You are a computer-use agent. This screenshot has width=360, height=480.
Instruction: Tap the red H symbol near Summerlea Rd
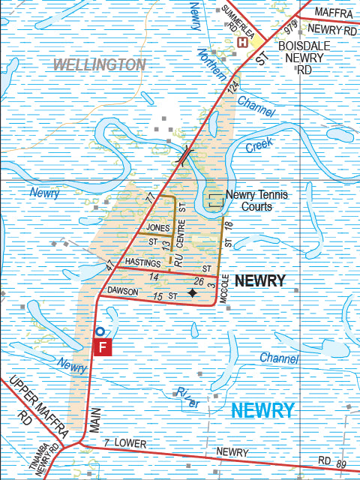pyautogui.click(x=242, y=43)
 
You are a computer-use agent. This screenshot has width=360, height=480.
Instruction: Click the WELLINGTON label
pyautogui.click(x=99, y=64)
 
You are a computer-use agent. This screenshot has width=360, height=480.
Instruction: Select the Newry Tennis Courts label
pyautogui.click(x=256, y=200)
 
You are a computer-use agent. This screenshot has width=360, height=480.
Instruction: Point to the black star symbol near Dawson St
pyautogui.click(x=192, y=293)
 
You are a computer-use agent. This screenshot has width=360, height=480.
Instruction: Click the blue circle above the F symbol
pyautogui.click(x=99, y=330)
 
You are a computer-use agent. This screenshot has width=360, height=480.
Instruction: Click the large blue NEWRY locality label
pyautogui.click(x=262, y=410)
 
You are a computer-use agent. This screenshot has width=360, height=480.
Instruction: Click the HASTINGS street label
pyautogui.click(x=143, y=262)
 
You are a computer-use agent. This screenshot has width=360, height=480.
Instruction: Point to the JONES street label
pyautogui.click(x=159, y=227)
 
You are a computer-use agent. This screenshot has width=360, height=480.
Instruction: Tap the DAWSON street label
pyautogui.click(x=124, y=289)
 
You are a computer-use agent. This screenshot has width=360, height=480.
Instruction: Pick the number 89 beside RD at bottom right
pyautogui.click(x=341, y=465)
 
